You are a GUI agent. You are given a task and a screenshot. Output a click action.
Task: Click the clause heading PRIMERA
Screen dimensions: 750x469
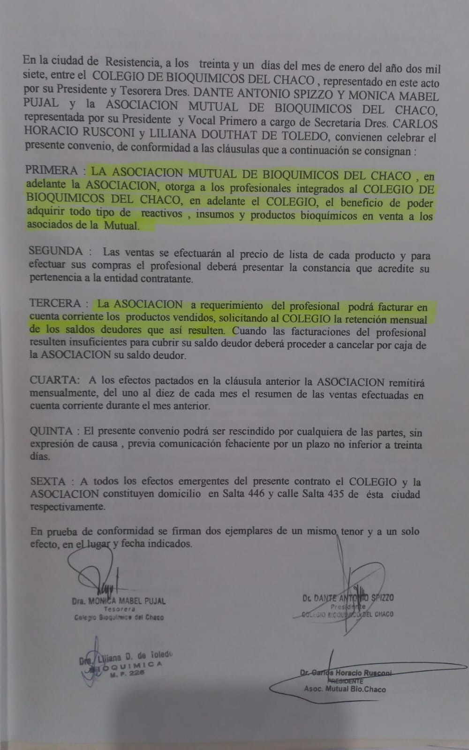pyautogui.click(x=52, y=170)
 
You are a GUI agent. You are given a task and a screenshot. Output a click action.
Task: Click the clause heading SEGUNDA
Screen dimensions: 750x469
pyautogui.click(x=56, y=251)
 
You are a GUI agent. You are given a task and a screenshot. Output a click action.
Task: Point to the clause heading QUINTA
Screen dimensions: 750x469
pyautogui.click(x=51, y=431)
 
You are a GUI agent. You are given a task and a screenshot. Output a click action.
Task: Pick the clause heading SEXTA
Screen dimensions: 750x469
pyautogui.click(x=48, y=481)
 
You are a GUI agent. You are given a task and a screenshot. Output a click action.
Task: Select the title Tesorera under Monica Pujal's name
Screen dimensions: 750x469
pyautogui.click(x=120, y=609)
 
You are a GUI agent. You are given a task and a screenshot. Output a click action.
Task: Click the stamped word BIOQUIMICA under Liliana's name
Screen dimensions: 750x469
pyautogui.click(x=132, y=666)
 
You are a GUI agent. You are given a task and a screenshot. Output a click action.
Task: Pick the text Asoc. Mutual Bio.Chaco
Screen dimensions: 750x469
pyautogui.click(x=345, y=689)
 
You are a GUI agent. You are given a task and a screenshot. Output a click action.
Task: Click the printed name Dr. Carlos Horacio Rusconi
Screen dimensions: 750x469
pyautogui.click(x=346, y=673)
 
